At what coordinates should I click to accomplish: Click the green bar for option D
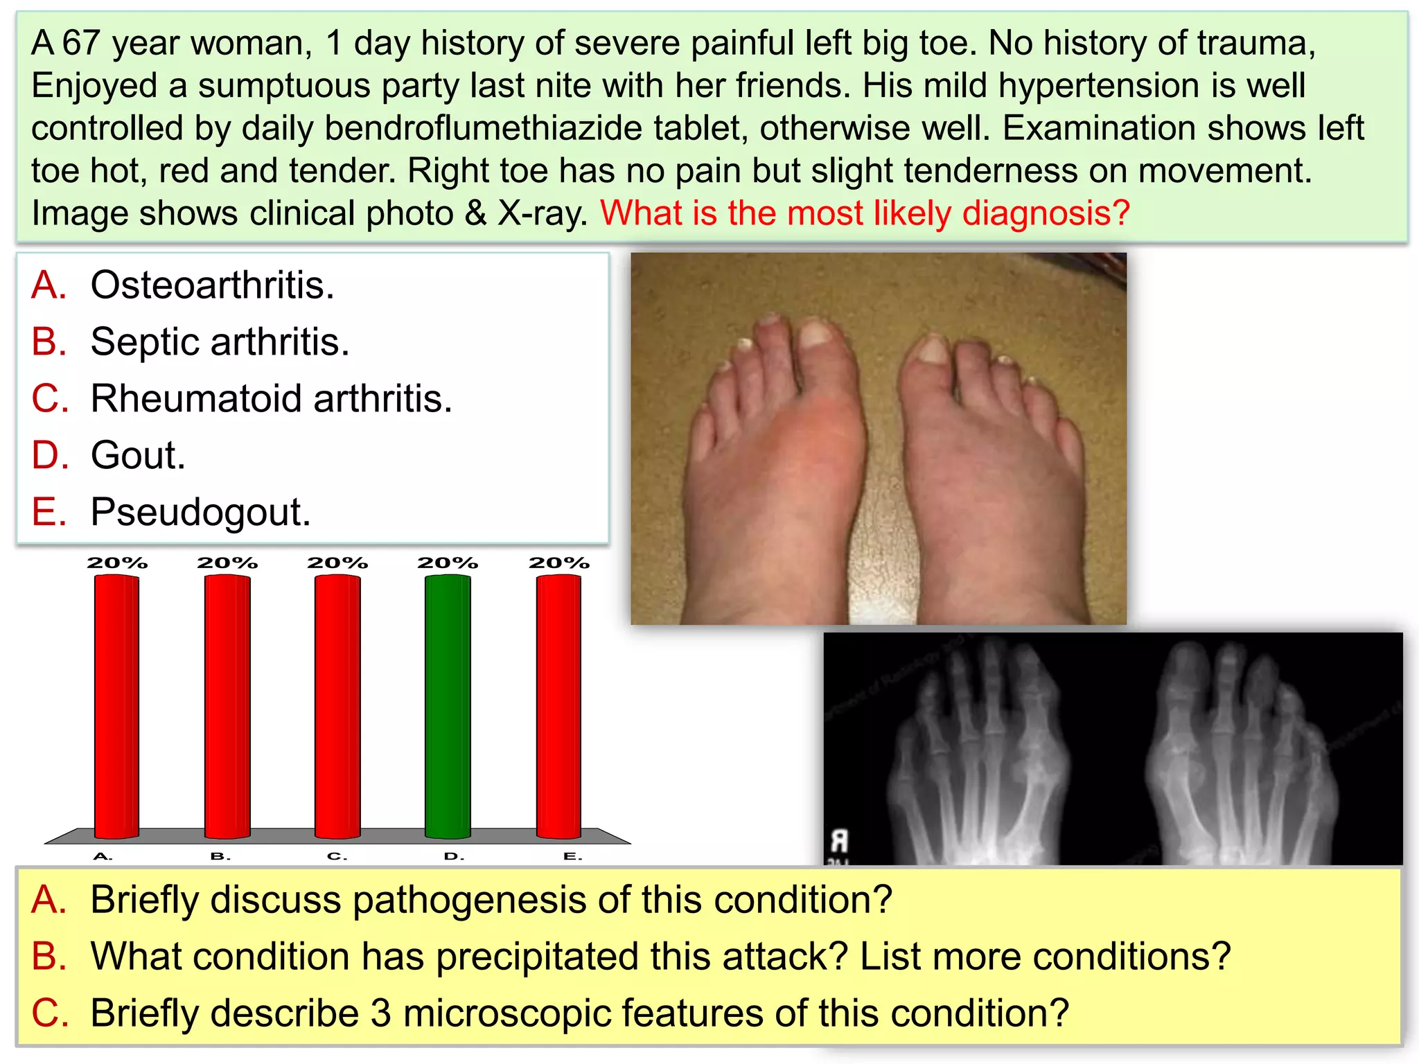(x=448, y=707)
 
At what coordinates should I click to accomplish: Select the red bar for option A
(x=116, y=707)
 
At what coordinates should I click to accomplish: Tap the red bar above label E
(x=558, y=707)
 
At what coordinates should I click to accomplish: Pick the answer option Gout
(x=138, y=455)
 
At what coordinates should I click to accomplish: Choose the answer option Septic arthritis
(x=220, y=342)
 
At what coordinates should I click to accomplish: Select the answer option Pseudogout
(x=200, y=512)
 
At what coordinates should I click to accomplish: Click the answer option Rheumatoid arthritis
(x=271, y=398)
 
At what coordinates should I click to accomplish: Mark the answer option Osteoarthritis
(x=212, y=285)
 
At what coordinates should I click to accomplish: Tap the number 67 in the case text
(x=81, y=43)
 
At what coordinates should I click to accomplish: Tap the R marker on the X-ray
(x=839, y=841)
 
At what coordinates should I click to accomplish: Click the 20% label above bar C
(x=337, y=562)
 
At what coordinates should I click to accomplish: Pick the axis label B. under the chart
(x=220, y=857)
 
